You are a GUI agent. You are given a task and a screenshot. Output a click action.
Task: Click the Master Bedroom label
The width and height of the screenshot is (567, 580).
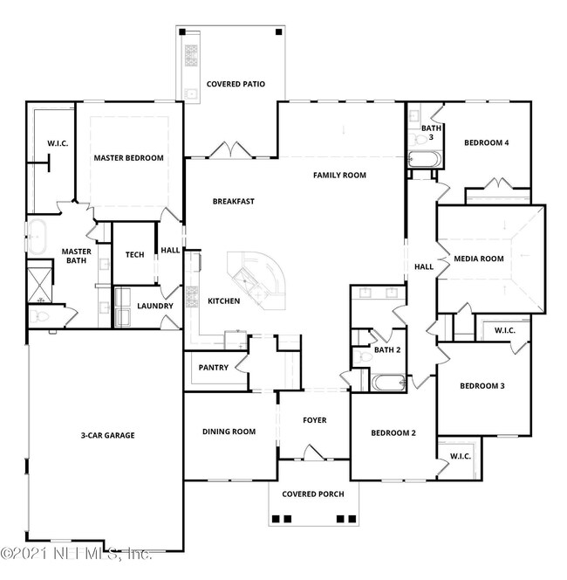click(129, 158)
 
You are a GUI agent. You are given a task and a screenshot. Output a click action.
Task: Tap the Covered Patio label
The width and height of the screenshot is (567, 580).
click(235, 85)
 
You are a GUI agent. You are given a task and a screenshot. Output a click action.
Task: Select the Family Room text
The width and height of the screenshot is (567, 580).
click(339, 176)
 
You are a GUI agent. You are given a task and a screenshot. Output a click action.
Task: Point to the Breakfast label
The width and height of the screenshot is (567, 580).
click(233, 202)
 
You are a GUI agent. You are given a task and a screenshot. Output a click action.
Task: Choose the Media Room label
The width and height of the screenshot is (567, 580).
click(479, 259)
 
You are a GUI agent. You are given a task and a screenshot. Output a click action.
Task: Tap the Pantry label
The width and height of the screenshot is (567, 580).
click(213, 368)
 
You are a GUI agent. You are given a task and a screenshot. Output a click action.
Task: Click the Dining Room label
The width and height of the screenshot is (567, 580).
click(229, 432)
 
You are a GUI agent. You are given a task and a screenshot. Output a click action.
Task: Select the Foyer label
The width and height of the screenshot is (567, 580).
click(314, 421)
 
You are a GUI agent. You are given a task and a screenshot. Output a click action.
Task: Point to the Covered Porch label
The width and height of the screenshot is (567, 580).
click(312, 494)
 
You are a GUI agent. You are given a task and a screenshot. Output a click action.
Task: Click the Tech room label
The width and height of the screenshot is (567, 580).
click(134, 255)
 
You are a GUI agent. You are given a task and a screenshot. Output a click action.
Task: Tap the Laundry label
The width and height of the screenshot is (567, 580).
click(155, 307)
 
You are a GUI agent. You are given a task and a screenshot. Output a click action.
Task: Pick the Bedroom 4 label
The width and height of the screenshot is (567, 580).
click(486, 143)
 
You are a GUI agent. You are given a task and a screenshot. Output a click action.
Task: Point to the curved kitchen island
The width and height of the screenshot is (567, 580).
click(262, 280)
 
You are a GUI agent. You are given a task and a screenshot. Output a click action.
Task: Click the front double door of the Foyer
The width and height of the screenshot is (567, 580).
click(313, 453)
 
